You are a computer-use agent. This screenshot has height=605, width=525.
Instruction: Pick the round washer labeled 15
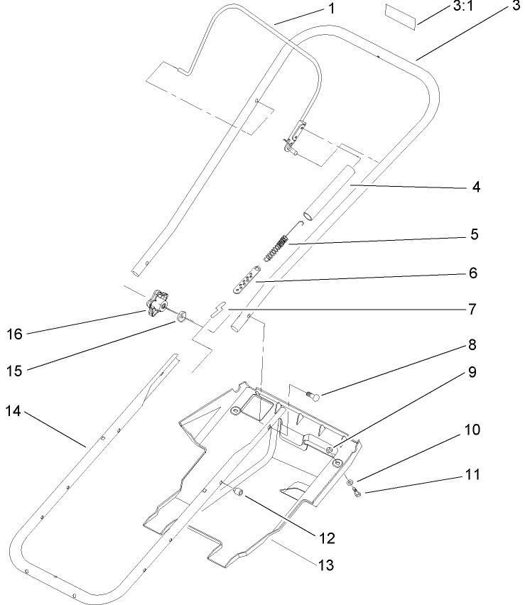pyautogui.click(x=183, y=313)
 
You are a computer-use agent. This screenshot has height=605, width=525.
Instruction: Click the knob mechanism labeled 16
pyautogui.click(x=158, y=304)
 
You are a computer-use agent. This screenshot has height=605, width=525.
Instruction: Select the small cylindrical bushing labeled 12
pyautogui.click(x=240, y=491)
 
